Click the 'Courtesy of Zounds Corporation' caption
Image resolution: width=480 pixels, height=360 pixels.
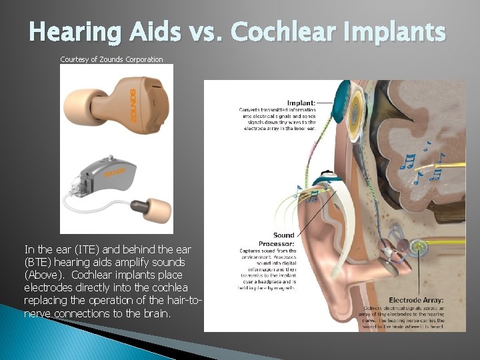(111, 59)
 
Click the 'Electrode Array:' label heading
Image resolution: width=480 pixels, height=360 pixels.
(416, 300)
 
